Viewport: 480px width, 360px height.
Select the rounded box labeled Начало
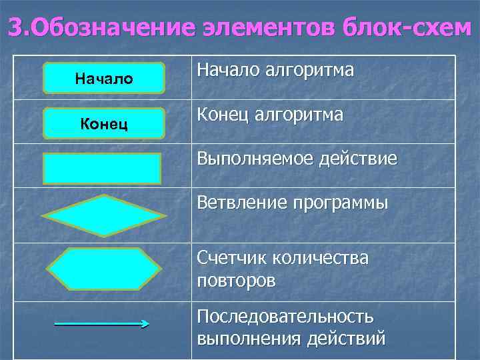pos(103,78)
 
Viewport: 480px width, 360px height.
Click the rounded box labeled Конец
pos(103,123)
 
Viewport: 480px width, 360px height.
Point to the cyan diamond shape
pos(103,215)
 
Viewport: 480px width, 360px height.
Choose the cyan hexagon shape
pos(103,269)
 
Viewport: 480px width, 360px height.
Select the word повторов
pos(236,281)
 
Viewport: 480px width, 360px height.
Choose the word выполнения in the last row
pos(247,338)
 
